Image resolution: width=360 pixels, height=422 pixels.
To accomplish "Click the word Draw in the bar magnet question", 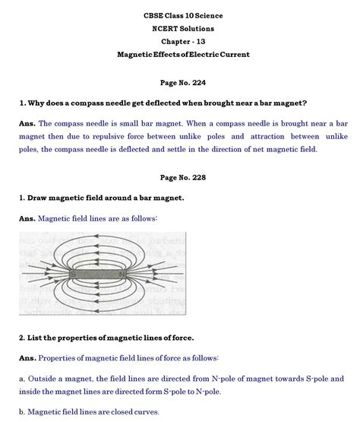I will (39, 198).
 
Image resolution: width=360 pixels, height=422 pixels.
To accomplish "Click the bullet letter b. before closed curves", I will (22, 412).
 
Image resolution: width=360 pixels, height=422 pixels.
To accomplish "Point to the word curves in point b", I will (144, 412).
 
